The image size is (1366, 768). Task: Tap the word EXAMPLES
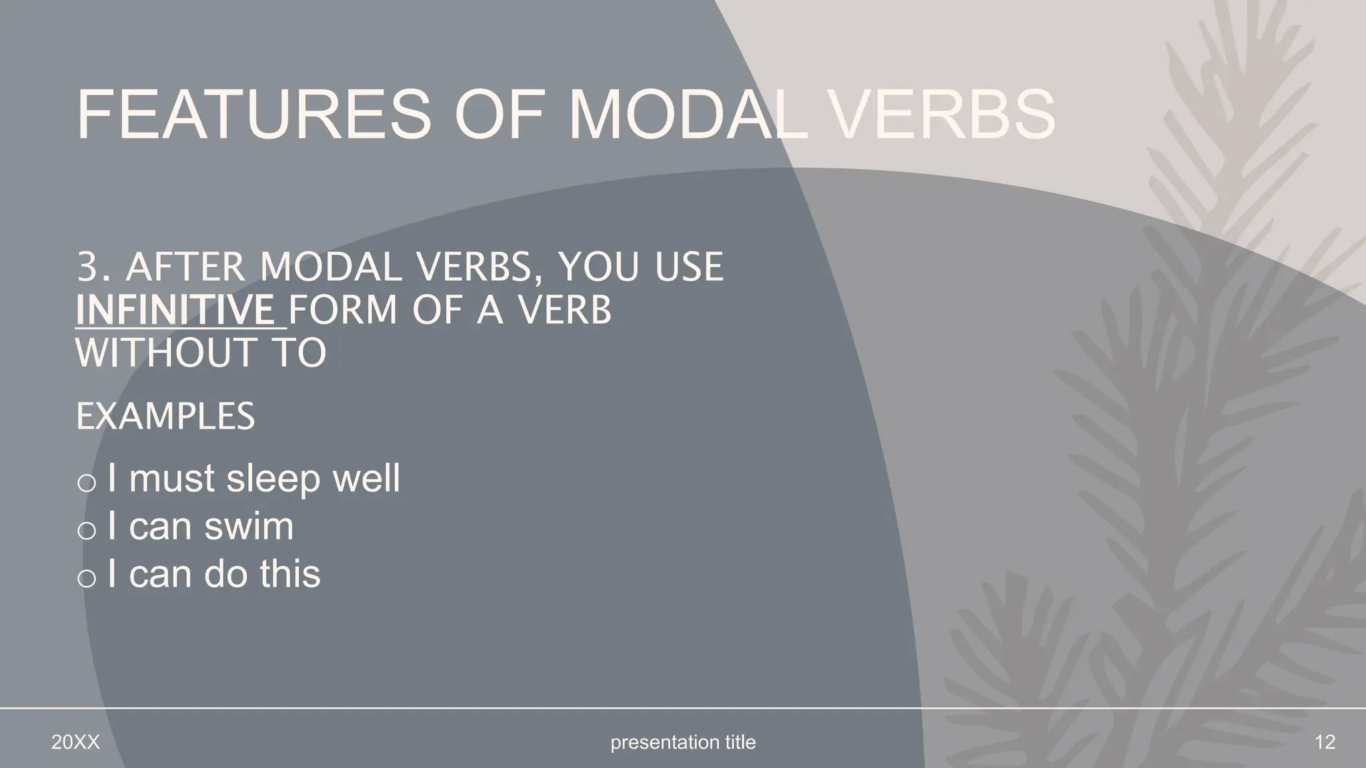(165, 417)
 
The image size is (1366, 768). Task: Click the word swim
(249, 526)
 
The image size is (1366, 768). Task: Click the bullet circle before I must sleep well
(87, 483)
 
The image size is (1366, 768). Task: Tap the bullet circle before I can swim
(87, 531)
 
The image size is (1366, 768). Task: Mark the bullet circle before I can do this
(87, 578)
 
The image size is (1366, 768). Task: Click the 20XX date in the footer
(75, 742)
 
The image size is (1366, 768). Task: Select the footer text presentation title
(683, 742)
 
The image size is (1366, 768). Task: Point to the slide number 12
(1325, 742)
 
